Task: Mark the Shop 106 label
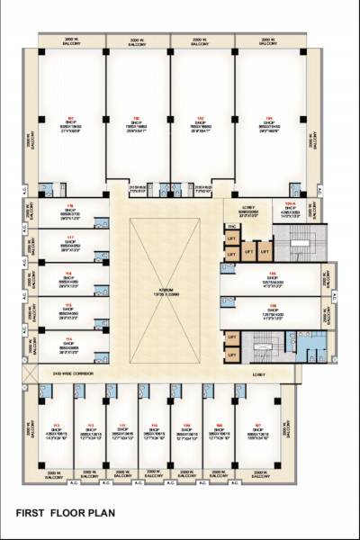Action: click(272, 311)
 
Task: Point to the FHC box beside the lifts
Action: click(231, 227)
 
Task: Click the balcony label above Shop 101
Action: click(70, 42)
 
